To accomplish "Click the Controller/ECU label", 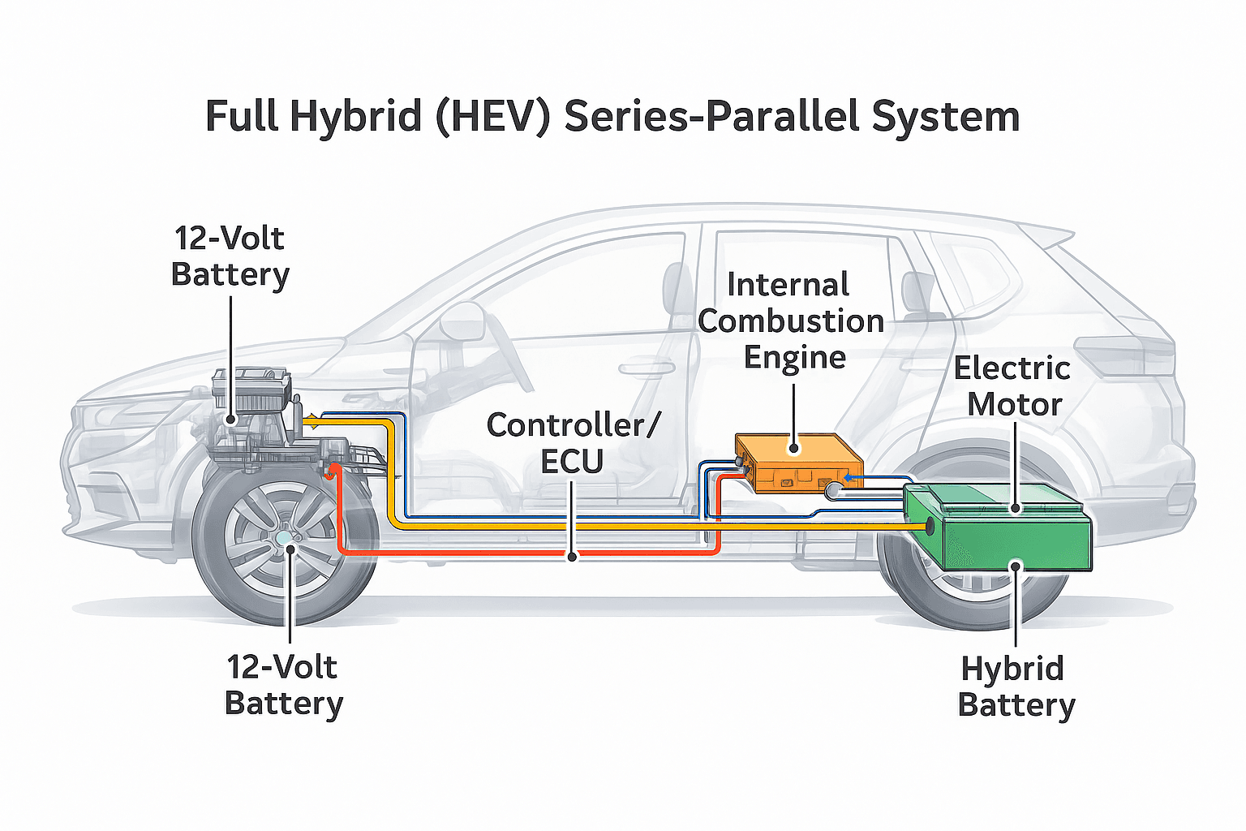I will [573, 443].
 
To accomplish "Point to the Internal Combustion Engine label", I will [791, 321].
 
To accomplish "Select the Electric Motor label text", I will [1012, 386].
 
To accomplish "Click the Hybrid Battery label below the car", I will [1016, 687].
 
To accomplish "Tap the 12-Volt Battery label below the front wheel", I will [283, 685].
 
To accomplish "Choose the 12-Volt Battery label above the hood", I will [230, 256].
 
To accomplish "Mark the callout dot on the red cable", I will [573, 557].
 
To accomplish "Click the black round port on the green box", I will [929, 528].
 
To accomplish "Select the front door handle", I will [647, 369].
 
